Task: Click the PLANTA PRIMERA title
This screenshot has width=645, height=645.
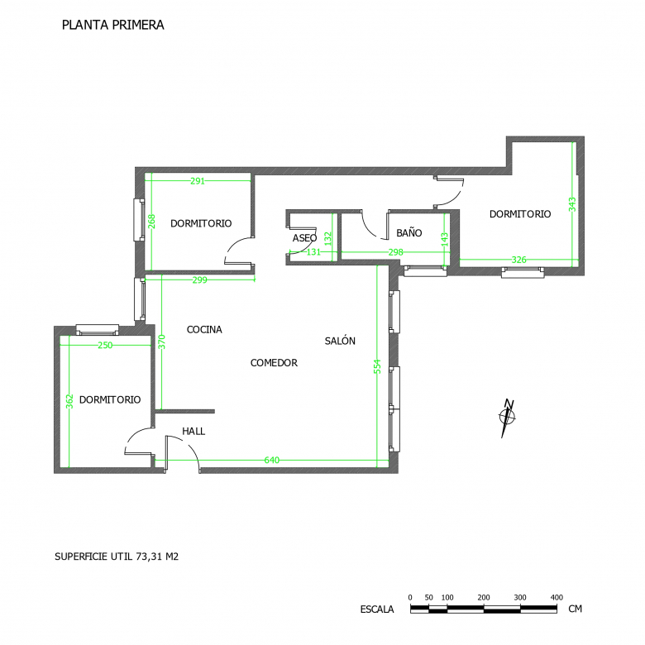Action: tap(113, 25)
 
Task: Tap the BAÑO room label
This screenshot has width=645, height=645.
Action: tap(408, 233)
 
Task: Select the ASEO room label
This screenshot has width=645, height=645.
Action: tap(304, 238)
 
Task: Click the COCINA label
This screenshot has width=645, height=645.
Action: tap(204, 329)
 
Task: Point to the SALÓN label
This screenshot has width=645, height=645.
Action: tap(340, 341)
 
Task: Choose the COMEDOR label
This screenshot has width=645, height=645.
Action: tap(274, 363)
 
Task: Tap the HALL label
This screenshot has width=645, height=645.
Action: tap(193, 431)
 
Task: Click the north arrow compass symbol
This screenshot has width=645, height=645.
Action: tap(508, 418)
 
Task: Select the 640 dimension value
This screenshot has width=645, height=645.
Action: tap(272, 460)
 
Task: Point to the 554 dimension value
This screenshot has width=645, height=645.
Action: tap(377, 366)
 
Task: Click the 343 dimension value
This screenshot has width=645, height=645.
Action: tap(572, 204)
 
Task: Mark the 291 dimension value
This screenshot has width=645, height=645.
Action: tap(198, 181)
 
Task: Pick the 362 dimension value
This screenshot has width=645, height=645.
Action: tap(69, 402)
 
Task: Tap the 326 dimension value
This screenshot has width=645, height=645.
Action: tap(518, 260)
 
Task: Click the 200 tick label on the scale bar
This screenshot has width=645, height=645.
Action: tap(484, 597)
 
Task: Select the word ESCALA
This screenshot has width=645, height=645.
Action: tap(377, 609)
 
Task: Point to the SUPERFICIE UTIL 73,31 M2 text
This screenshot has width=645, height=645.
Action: tap(117, 557)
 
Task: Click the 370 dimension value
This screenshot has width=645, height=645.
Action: tap(161, 342)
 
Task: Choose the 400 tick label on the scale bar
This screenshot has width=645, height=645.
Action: tap(557, 597)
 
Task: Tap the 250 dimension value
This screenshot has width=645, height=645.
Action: tap(105, 345)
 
